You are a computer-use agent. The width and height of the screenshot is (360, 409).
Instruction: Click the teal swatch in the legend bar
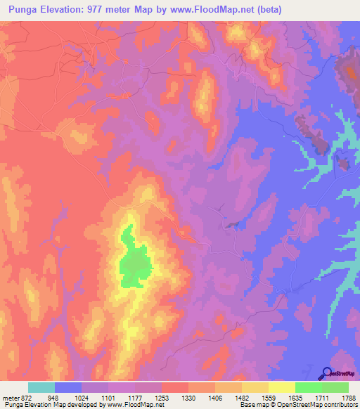41,387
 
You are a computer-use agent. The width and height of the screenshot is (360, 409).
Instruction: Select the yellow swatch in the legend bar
282,387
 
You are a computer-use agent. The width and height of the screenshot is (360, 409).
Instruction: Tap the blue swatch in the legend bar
68,387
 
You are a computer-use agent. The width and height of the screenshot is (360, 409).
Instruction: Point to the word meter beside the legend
10,397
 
